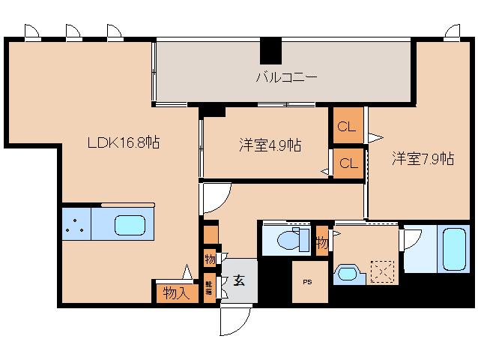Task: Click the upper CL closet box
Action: [x=347, y=127]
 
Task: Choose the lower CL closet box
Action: [x=347, y=163]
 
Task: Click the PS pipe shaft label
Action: [x=308, y=282]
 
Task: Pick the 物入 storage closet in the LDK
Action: [x=176, y=292]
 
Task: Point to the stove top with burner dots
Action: [x=76, y=223]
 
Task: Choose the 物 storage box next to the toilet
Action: [x=321, y=242]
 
